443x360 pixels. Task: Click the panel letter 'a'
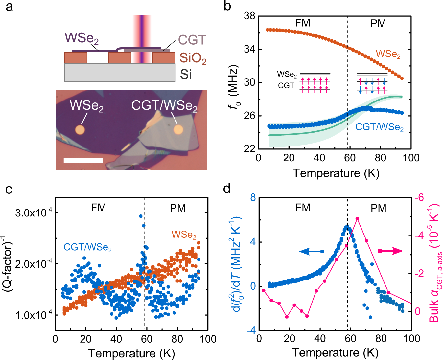pyautogui.click(x=9, y=7)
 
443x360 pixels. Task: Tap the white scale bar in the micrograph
pyautogui.click(x=83, y=160)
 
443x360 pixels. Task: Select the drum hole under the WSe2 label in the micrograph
pyautogui.click(x=80, y=130)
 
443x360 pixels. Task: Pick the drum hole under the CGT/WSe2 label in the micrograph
pyautogui.click(x=178, y=129)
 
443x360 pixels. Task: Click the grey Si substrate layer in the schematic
pyautogui.click(x=120, y=73)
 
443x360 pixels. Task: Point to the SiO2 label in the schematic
pyautogui.click(x=193, y=58)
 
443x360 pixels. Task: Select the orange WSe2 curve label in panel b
pyautogui.click(x=388, y=54)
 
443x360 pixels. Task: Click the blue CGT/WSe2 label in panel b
pyautogui.click(x=379, y=127)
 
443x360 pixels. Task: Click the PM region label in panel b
pyautogui.click(x=378, y=24)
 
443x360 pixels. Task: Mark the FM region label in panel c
pyautogui.click(x=99, y=208)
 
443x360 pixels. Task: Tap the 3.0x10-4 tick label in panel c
pyautogui.click(x=33, y=213)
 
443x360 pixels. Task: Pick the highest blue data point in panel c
pyautogui.click(x=141, y=216)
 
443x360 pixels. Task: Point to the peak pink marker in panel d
pyautogui.click(x=357, y=219)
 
